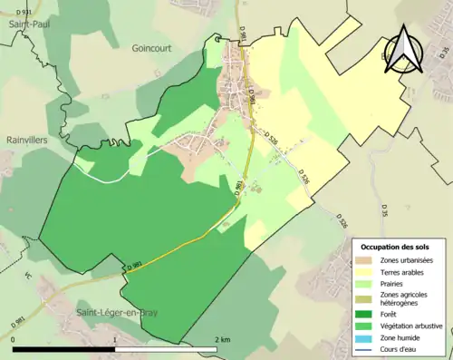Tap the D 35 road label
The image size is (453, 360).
(x=384, y=210)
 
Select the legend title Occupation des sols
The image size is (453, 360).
(x=401, y=247)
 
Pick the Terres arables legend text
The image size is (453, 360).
(x=404, y=271)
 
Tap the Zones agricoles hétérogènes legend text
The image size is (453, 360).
(x=405, y=298)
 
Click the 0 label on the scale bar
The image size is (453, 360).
(x=14, y=340)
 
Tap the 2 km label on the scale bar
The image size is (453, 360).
(x=221, y=340)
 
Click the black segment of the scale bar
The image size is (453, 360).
(x=64, y=348)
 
